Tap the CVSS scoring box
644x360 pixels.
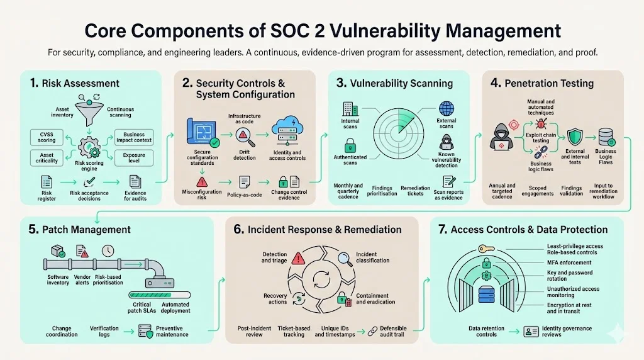point(47,137)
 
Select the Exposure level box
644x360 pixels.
point(133,158)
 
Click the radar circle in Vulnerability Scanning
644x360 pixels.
point(398,132)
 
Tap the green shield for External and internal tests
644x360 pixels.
point(574,137)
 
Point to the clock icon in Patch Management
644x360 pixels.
point(108,250)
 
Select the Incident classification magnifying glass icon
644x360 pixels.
point(345,258)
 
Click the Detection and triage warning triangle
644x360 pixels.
point(299,258)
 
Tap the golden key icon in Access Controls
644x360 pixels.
point(484,249)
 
